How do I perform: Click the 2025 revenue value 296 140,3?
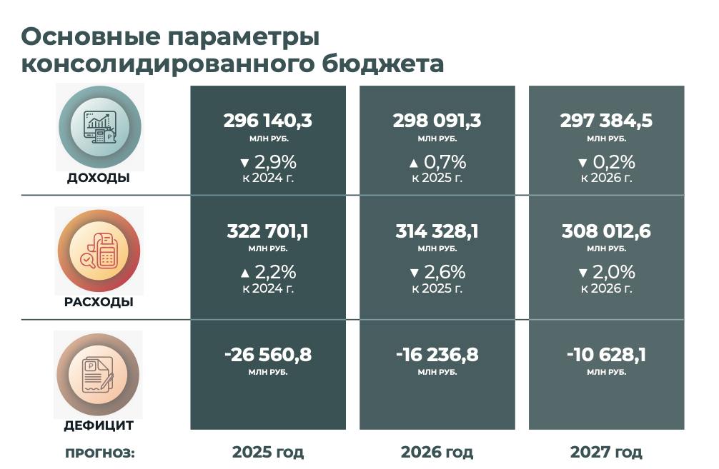click(268, 121)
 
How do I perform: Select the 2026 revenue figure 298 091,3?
click(437, 121)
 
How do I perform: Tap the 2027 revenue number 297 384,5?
click(606, 121)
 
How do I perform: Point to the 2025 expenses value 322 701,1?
click(268, 231)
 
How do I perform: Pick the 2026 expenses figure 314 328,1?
click(437, 231)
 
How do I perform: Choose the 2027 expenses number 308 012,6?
click(606, 231)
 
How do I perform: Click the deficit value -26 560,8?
click(268, 355)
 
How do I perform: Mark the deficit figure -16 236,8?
click(437, 355)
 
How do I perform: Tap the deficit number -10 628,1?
click(606, 355)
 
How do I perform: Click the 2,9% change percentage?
click(276, 162)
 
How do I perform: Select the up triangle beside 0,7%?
click(414, 163)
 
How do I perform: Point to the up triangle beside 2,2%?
click(245, 273)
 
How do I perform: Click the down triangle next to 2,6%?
click(414, 273)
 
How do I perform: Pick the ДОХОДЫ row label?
click(99, 178)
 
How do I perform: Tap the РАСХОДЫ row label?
click(99, 302)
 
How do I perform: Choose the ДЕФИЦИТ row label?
click(99, 425)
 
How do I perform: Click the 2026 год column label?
click(437, 453)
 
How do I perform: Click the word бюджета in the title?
click(382, 64)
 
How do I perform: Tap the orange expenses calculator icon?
click(99, 251)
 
